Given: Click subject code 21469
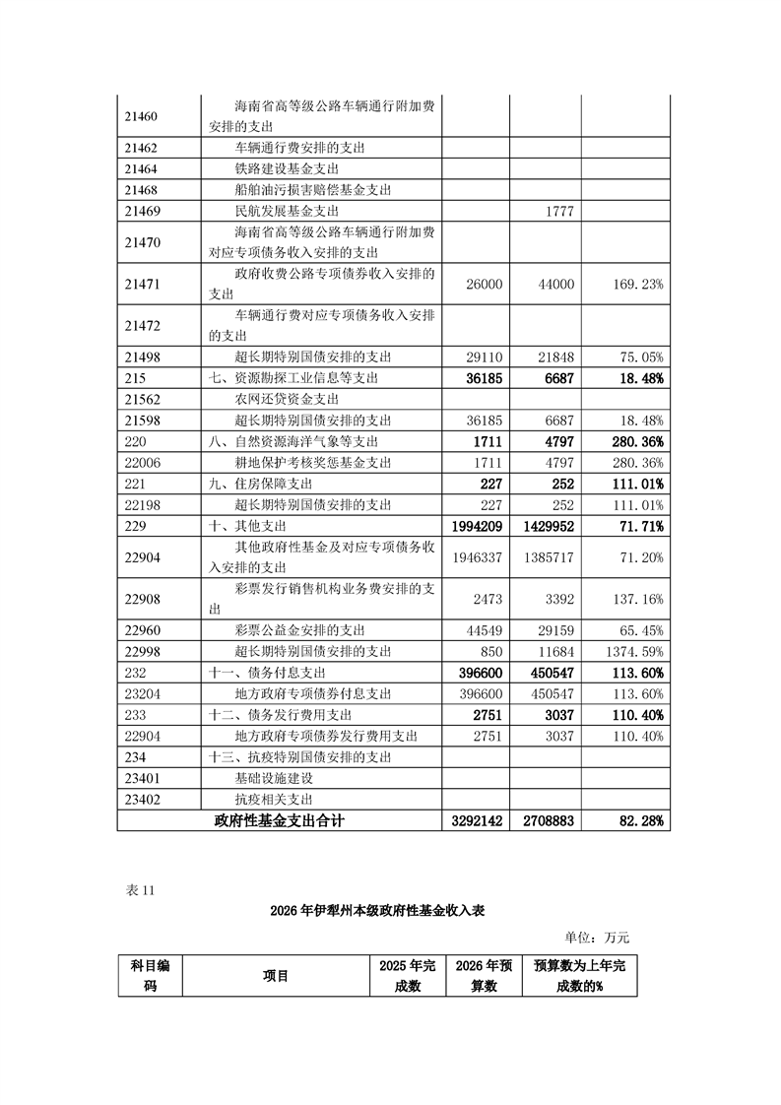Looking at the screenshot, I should (143, 211).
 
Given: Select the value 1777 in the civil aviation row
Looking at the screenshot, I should (557, 211).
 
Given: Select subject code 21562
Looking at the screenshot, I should (143, 399).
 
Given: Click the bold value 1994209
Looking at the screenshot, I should (478, 528).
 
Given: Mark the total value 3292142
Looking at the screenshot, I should (478, 819).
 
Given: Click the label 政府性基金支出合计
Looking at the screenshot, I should (281, 819).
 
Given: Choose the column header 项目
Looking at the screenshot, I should (276, 976).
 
